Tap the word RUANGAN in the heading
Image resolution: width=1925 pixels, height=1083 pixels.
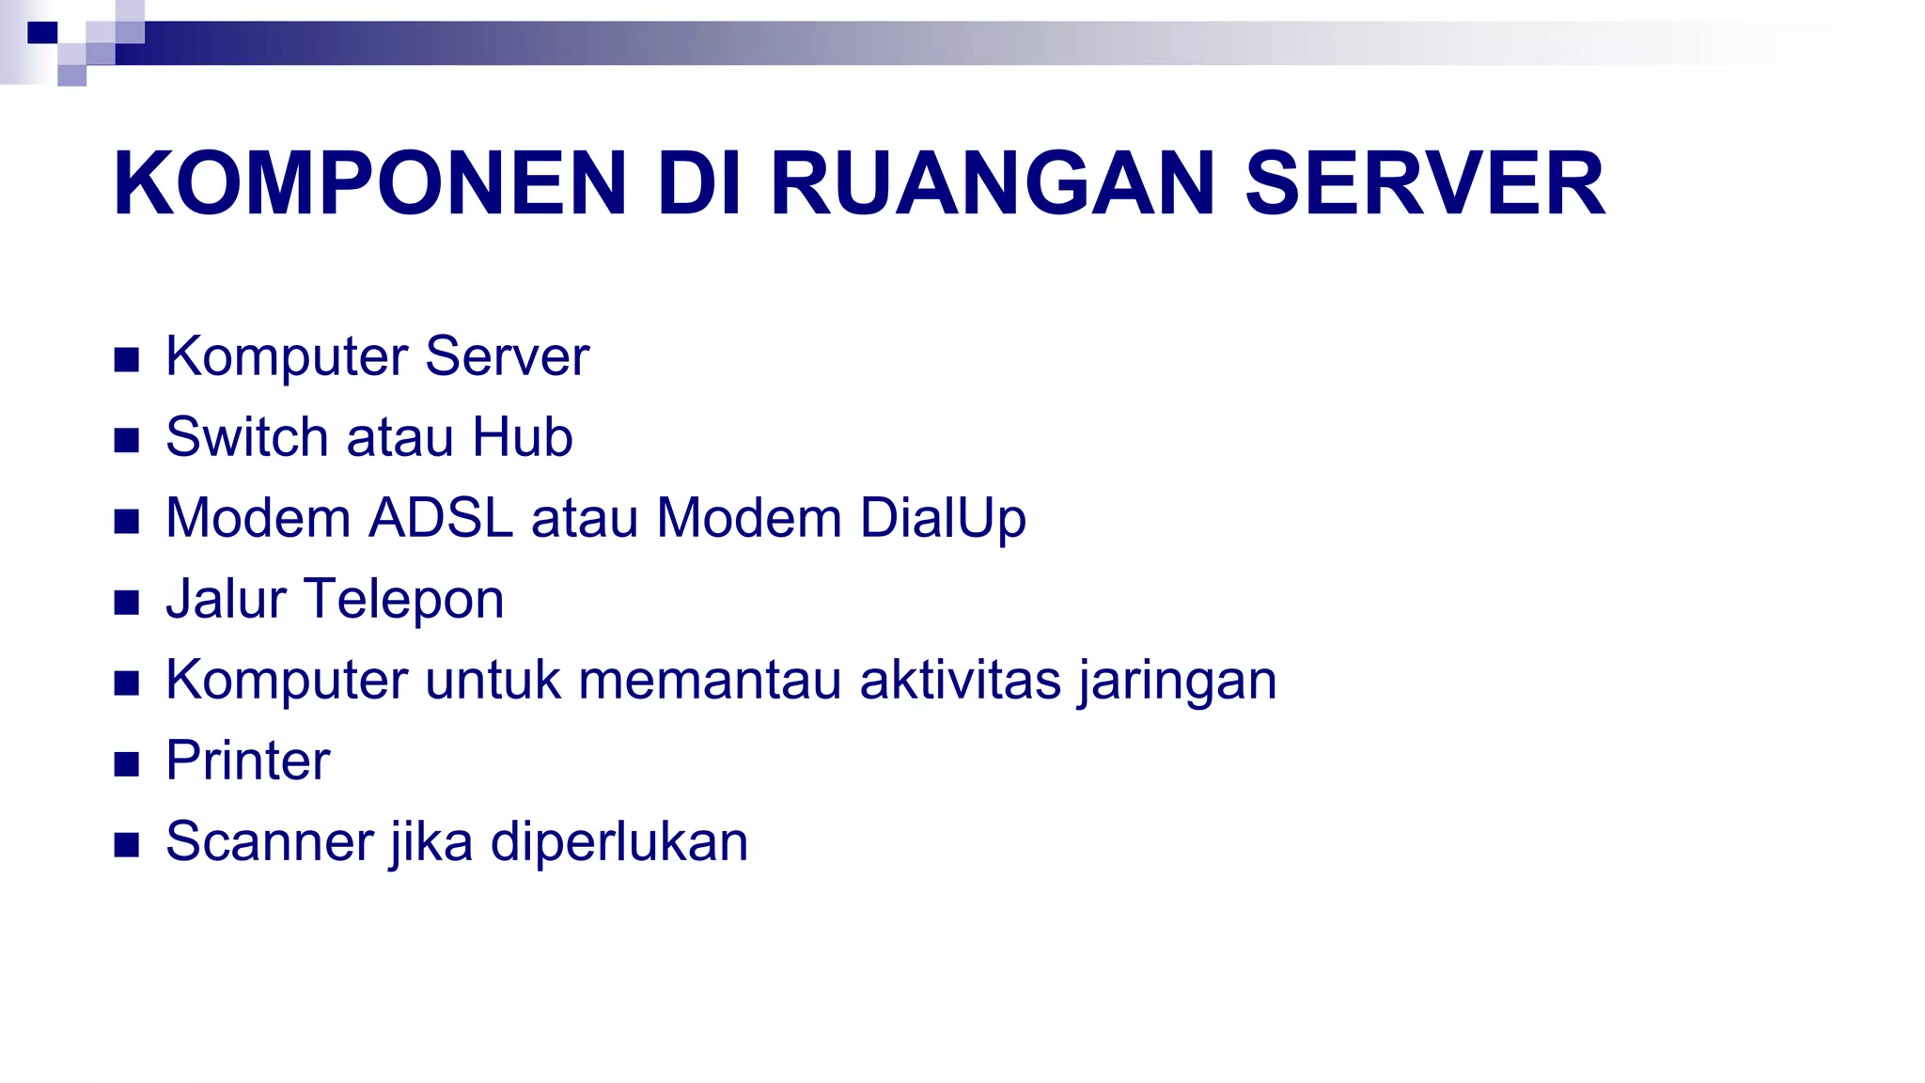coord(994,183)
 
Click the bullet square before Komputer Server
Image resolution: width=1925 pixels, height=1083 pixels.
coord(127,359)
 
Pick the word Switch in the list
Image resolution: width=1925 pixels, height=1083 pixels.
coord(247,437)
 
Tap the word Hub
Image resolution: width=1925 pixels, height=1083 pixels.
coord(523,437)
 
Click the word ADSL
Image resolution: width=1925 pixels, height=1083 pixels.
coord(442,518)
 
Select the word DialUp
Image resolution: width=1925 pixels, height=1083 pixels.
coord(943,518)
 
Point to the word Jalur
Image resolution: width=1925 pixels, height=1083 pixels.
coord(226,599)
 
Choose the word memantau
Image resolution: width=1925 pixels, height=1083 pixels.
coord(710,680)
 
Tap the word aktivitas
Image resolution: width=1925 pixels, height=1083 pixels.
coord(960,680)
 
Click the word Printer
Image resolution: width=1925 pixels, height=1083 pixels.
coord(248,761)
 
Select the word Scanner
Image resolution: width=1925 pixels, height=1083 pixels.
coord(270,841)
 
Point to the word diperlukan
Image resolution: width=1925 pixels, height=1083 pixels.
coord(619,841)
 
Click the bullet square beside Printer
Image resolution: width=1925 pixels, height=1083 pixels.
coord(127,763)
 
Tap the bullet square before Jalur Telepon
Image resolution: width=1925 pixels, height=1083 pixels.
coord(127,602)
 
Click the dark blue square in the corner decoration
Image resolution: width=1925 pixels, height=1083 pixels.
coord(42,33)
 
